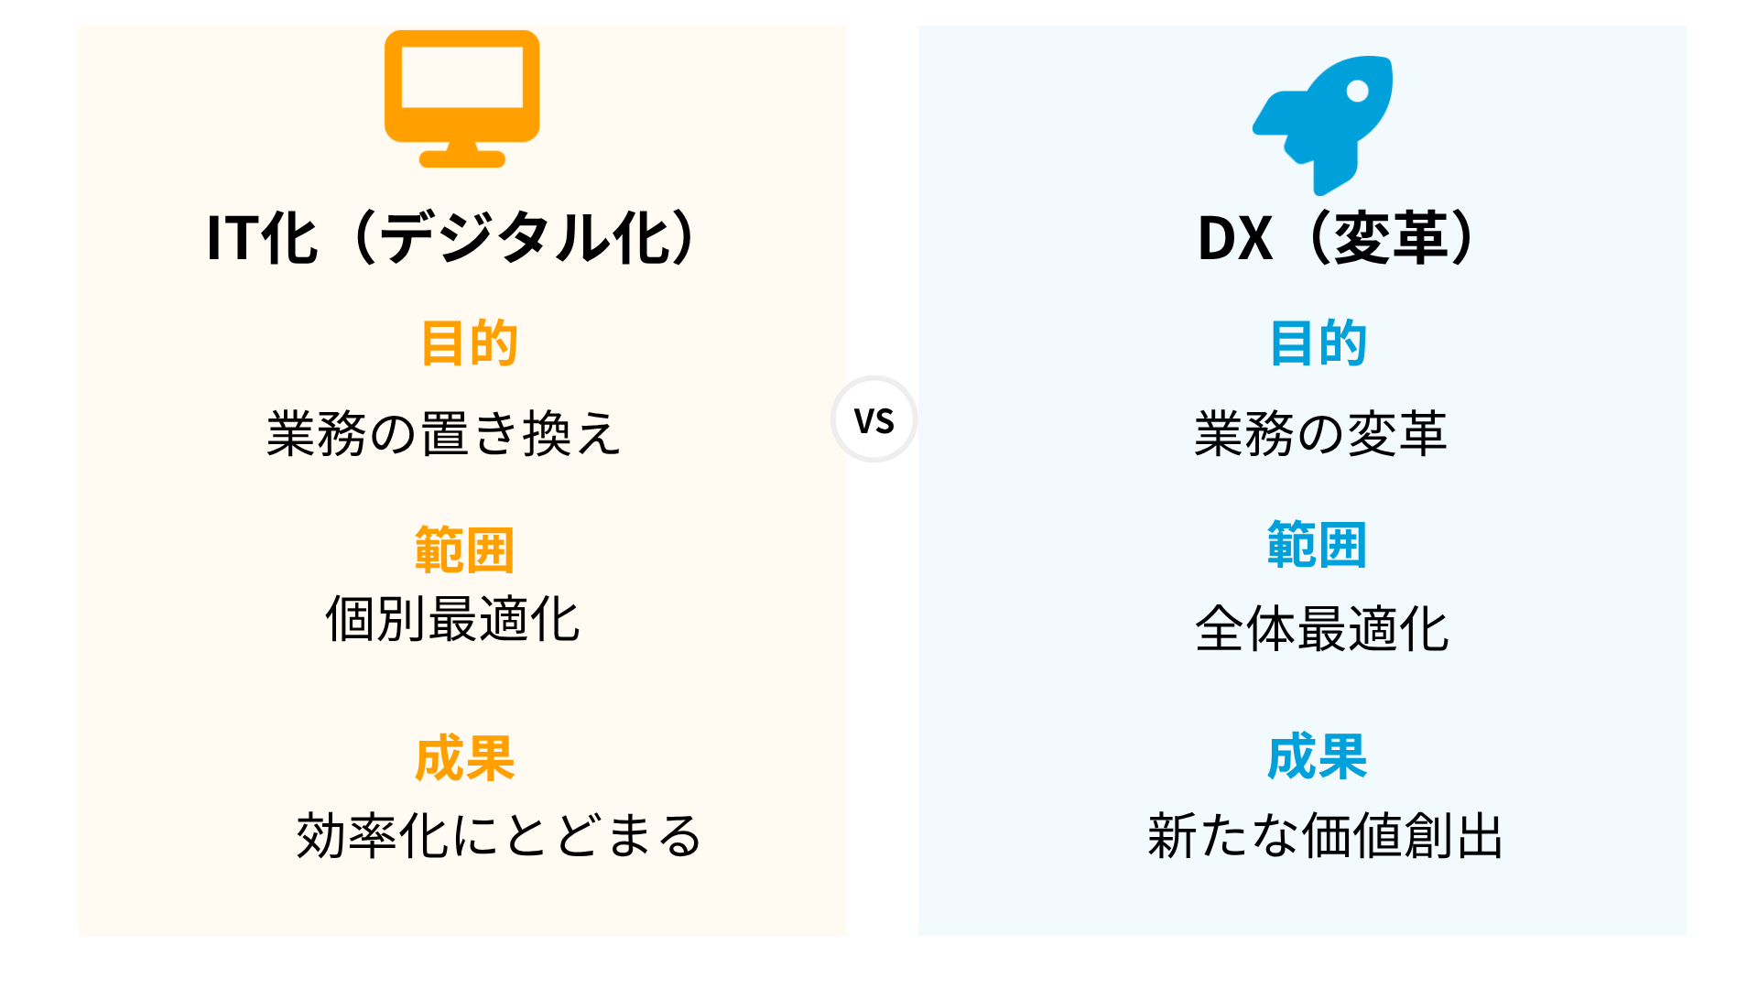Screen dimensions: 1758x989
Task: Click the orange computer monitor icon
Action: click(461, 99)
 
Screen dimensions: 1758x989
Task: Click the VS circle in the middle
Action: click(874, 419)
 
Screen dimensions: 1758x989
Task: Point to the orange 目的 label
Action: click(470, 343)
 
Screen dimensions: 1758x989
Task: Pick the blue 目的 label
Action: click(1318, 343)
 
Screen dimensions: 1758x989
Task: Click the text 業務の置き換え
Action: click(444, 433)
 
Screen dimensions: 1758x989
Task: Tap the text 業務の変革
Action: click(1320, 433)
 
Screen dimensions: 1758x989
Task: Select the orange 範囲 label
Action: click(464, 549)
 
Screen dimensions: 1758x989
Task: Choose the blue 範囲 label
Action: click(1317, 545)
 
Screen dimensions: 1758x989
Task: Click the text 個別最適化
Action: click(452, 619)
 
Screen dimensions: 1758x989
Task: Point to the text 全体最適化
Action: click(1321, 628)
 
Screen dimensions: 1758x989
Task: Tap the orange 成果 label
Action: click(465, 758)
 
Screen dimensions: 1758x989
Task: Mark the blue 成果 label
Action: click(1318, 756)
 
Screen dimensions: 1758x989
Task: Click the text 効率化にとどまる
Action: click(499, 835)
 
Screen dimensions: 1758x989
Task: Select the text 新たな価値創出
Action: click(1325, 835)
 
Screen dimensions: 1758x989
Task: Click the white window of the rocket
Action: click(1358, 91)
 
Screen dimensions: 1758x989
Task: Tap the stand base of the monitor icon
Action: click(461, 159)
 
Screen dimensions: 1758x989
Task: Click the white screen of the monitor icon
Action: click(462, 77)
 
